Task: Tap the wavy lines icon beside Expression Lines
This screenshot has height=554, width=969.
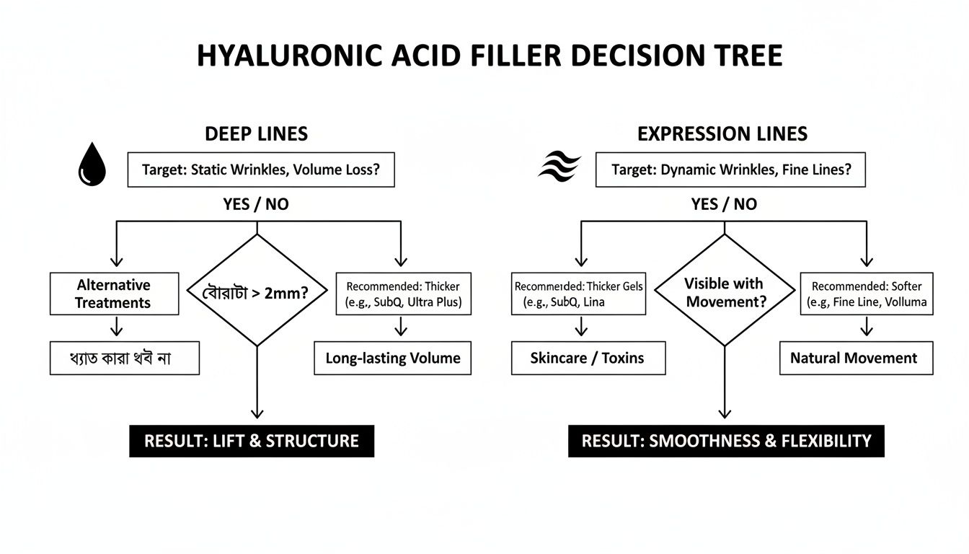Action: (559, 168)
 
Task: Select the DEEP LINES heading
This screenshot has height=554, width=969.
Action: (256, 134)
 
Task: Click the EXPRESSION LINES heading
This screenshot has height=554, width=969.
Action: (722, 134)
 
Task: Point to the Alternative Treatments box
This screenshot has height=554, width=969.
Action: (114, 294)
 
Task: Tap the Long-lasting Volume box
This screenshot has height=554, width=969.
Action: (392, 359)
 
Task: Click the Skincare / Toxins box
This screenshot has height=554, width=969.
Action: (588, 359)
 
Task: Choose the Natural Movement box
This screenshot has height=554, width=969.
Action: (855, 359)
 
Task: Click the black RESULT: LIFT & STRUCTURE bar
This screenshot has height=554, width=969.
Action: (252, 441)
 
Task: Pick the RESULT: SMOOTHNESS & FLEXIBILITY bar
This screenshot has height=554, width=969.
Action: (726, 441)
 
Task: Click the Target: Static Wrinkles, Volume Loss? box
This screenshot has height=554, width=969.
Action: (261, 170)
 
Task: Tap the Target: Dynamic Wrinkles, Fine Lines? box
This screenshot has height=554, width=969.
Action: (730, 170)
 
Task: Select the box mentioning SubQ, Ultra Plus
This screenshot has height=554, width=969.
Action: (404, 293)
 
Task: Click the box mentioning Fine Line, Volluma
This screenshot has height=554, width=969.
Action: (867, 293)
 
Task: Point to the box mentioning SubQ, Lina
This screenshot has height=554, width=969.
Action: (578, 293)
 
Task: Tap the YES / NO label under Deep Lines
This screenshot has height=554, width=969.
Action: (256, 204)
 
